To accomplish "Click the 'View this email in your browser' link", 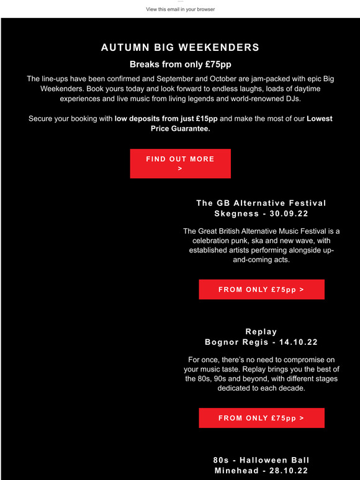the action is point(180,9).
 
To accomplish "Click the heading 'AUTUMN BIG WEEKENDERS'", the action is point(180,48).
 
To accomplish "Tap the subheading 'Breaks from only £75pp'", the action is point(180,64).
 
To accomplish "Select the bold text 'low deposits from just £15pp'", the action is point(166,118).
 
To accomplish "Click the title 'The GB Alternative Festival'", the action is point(261,203).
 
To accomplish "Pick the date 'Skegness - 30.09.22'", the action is point(261,213).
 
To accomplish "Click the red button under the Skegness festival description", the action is point(261,290).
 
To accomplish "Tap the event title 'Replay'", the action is point(261,332).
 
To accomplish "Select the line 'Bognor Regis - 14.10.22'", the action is point(261,342).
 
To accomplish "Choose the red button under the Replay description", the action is point(261,418).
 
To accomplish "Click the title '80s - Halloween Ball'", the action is point(261,460).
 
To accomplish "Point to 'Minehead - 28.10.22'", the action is point(261,471).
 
